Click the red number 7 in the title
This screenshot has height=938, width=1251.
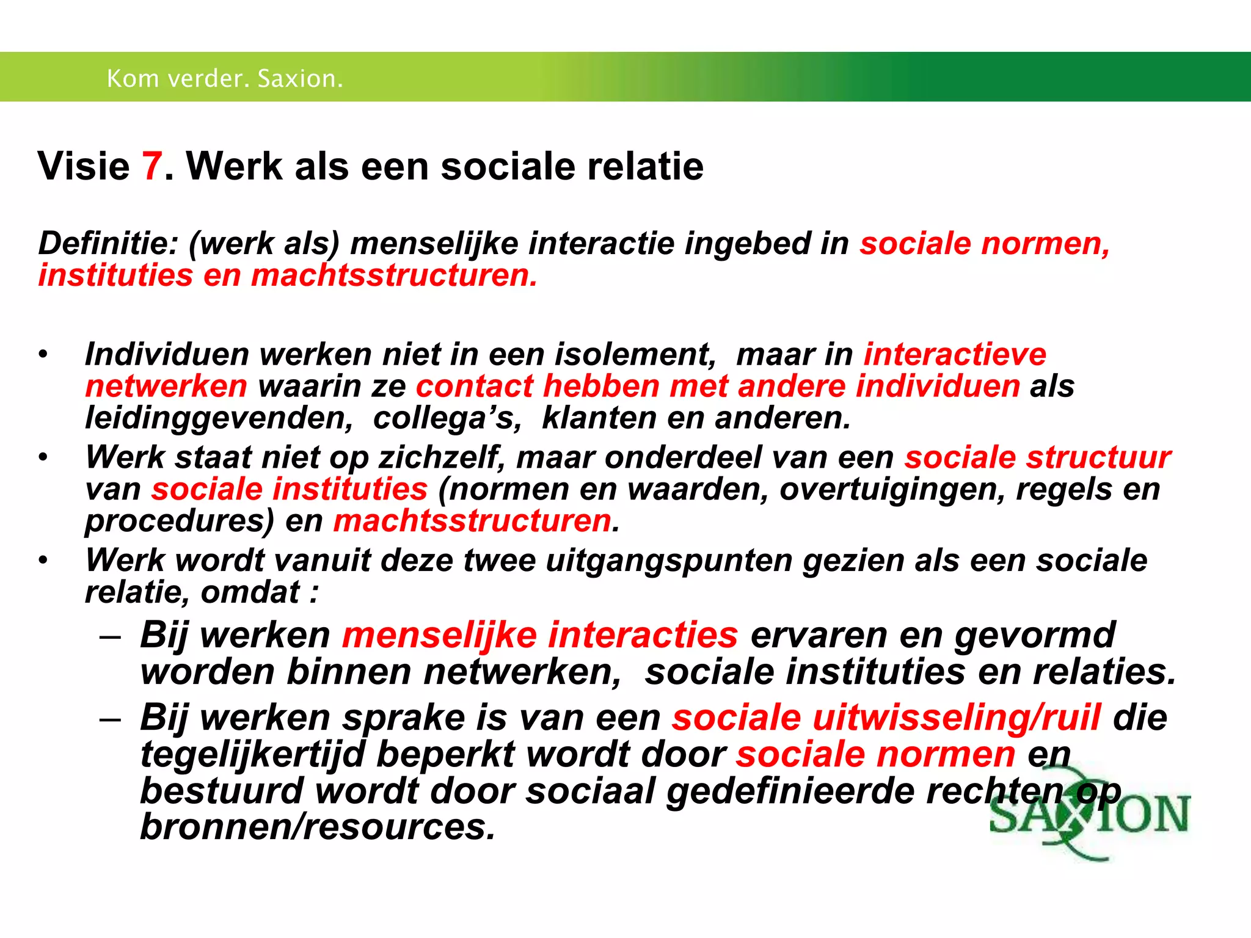click(x=152, y=166)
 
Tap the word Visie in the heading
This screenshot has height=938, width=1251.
click(x=84, y=166)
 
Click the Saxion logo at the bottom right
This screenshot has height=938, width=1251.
click(x=1090, y=818)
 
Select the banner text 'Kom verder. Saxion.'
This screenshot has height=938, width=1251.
click(x=225, y=79)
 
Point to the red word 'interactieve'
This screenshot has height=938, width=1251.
click(x=955, y=355)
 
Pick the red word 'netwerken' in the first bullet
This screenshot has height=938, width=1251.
click(x=166, y=387)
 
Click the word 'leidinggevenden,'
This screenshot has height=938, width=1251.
click(x=219, y=418)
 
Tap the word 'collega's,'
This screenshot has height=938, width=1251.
click(x=447, y=418)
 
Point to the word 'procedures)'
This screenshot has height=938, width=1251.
click(x=180, y=521)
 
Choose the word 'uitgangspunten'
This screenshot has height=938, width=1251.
click(x=669, y=561)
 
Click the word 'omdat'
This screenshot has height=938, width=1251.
click(x=250, y=592)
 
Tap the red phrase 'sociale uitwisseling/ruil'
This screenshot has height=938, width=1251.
click(x=886, y=718)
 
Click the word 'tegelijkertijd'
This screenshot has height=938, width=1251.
click(x=253, y=755)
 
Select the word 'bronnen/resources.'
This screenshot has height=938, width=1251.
click(x=318, y=827)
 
